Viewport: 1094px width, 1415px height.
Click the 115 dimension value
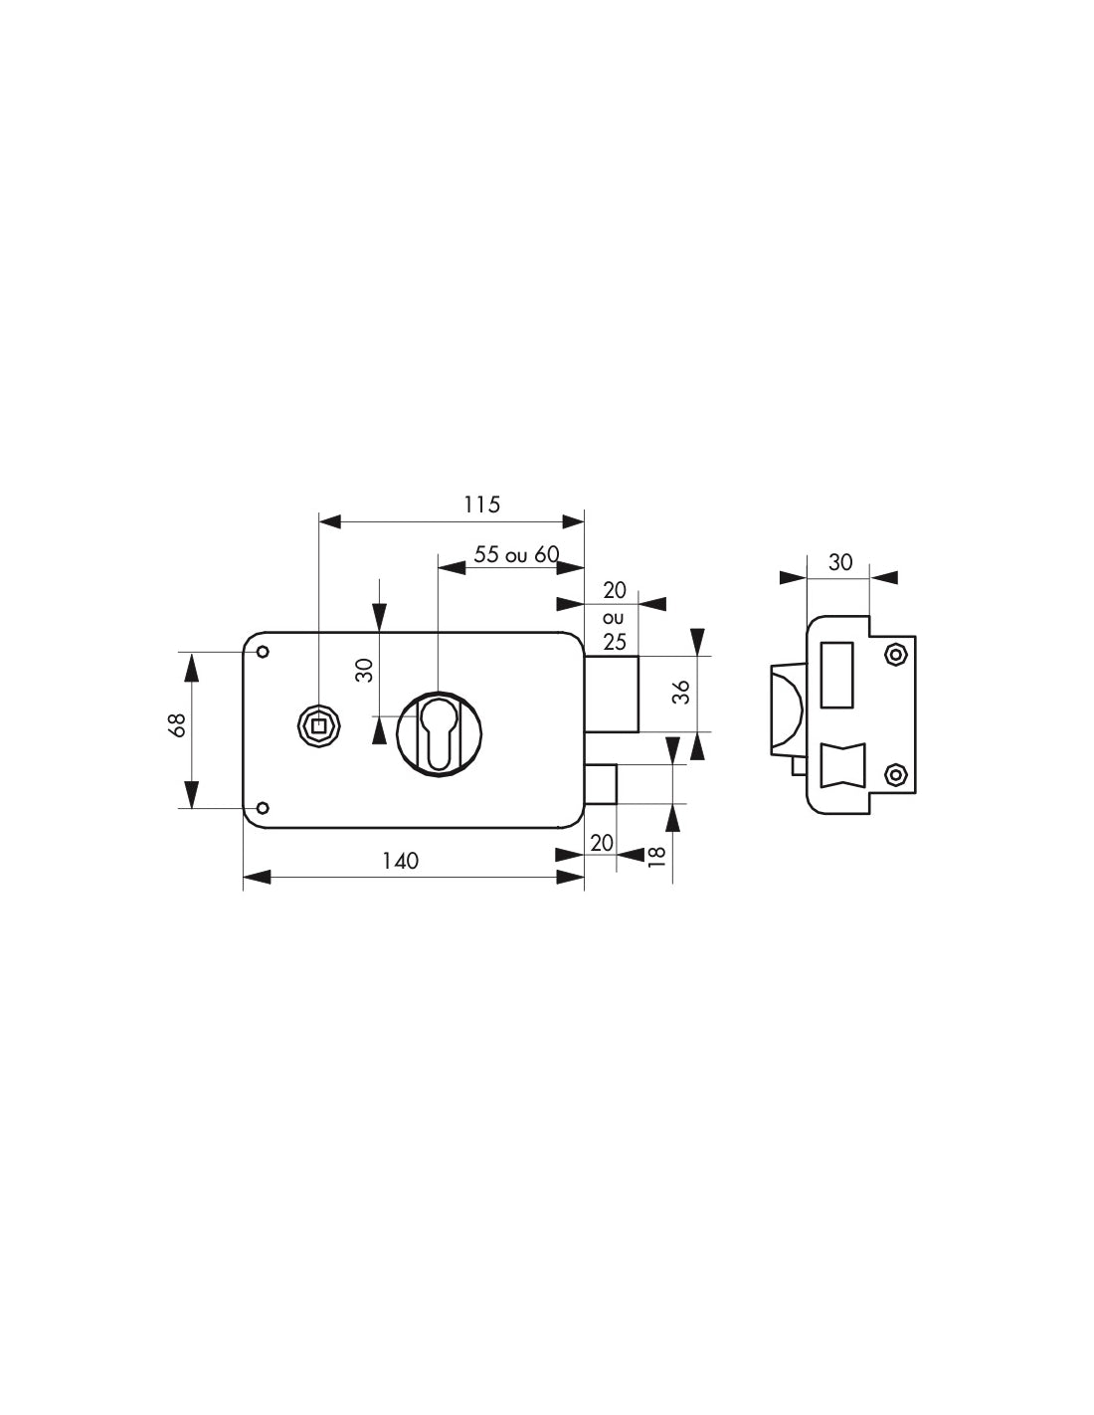481,505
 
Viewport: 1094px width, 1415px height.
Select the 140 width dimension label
401,861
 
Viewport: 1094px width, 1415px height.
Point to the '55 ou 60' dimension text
516,554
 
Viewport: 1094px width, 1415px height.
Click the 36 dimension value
681,693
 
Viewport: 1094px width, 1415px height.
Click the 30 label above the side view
840,562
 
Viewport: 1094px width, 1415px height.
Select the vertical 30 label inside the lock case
365,670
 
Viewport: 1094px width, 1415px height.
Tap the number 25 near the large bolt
615,643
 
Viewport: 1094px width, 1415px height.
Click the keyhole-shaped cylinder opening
440,734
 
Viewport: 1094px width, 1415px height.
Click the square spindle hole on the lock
318,727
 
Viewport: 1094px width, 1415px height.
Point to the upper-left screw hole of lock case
263,652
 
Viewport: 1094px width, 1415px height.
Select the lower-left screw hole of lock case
263,807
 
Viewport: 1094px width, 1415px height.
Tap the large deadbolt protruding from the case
611,693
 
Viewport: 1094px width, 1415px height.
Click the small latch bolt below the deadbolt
601,783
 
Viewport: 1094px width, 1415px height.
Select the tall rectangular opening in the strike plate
836,675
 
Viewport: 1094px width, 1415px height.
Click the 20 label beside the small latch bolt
602,843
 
